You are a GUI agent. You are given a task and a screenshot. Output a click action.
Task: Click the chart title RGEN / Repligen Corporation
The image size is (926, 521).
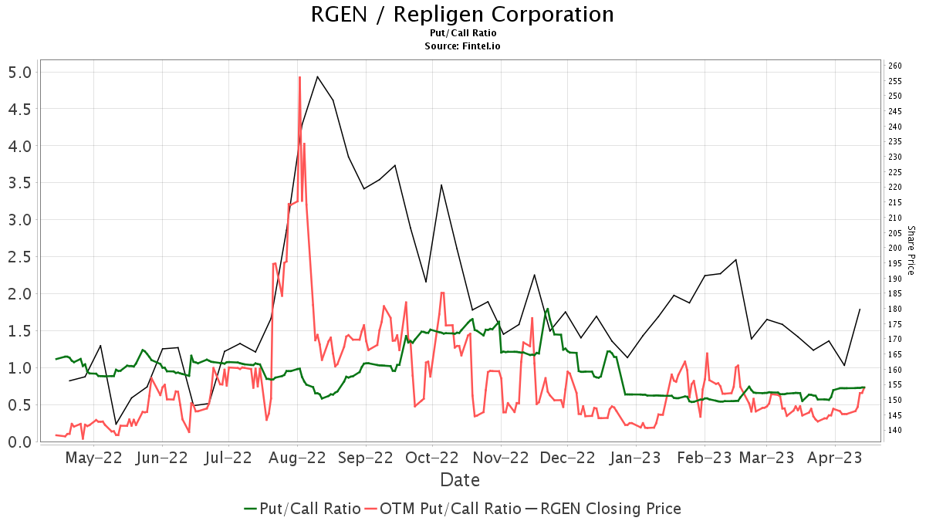(462, 15)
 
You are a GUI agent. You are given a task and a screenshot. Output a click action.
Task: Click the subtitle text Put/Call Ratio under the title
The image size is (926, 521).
(462, 33)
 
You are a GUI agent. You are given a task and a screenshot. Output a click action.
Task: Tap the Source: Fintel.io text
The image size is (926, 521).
(462, 46)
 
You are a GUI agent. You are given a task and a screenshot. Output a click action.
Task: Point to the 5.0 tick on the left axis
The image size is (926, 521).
(19, 72)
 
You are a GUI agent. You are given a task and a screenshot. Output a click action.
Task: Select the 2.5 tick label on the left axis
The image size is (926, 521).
(19, 257)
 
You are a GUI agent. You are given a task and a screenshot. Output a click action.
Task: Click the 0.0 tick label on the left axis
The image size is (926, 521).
(19, 441)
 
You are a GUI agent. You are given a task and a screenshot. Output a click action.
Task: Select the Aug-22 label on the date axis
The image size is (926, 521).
(299, 458)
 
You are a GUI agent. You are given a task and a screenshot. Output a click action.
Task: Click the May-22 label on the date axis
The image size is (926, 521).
(94, 458)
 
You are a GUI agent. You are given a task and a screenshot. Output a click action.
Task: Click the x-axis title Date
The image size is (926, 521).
(460, 480)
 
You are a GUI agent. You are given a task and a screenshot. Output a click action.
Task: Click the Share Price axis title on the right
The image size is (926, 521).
(911, 250)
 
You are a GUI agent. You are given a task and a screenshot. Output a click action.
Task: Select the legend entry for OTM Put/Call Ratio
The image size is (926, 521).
(442, 509)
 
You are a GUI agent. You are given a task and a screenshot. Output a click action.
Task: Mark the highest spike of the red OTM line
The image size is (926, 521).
(299, 77)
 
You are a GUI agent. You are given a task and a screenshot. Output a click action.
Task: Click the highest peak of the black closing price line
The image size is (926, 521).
(317, 76)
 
